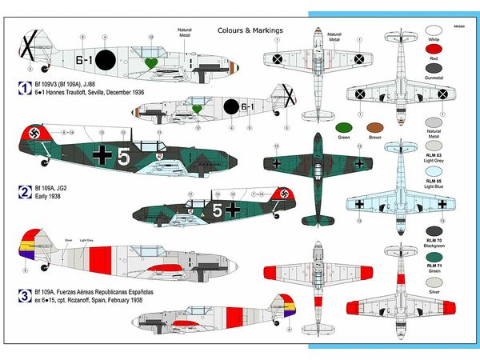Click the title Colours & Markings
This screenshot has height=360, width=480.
point(250,30)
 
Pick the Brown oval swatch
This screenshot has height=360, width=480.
point(373,127)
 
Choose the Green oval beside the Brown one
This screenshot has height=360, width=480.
point(345,127)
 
